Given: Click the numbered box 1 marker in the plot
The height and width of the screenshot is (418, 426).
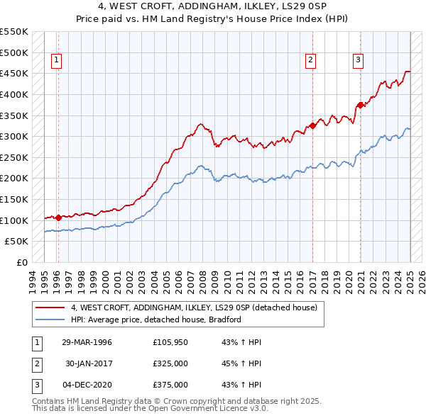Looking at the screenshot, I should [x=56, y=60].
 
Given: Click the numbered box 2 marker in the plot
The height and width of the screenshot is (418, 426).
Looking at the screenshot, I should [x=311, y=60].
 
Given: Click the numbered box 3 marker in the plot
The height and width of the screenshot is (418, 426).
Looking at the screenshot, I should [x=359, y=60].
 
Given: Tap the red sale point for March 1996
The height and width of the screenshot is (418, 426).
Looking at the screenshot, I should [x=58, y=218].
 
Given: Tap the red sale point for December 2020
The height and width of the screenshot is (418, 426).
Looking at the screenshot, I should [x=360, y=105].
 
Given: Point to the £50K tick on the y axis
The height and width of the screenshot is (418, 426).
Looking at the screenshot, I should [x=17, y=241].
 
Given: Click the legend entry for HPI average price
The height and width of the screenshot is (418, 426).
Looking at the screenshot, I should [x=156, y=320].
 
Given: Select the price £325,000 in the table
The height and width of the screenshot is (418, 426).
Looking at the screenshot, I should [x=170, y=363].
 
